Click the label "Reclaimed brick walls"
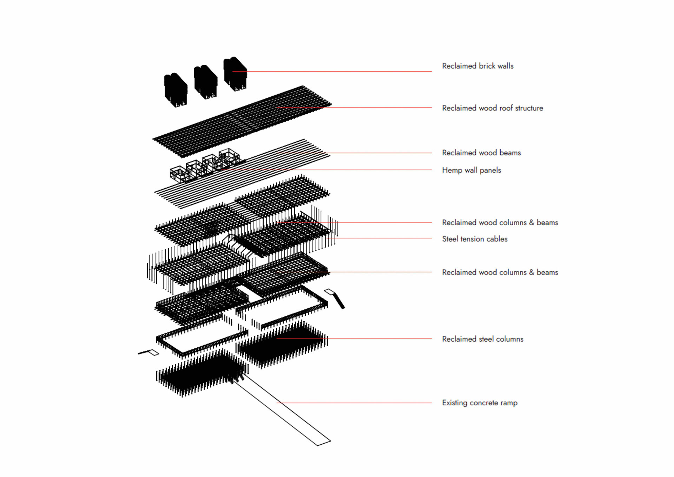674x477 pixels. pyautogui.click(x=477, y=66)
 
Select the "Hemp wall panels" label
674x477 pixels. pyautogui.click(x=471, y=170)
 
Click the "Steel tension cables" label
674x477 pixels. pyautogui.click(x=475, y=239)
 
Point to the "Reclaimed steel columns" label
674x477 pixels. pyautogui.click(x=482, y=339)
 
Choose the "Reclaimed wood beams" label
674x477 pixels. pyautogui.click(x=481, y=153)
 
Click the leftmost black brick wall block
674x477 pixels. pyautogui.click(x=176, y=89)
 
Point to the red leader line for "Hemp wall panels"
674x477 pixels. pyautogui.click(x=326, y=170)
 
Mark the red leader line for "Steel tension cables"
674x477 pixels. pyautogui.click(x=379, y=238)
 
